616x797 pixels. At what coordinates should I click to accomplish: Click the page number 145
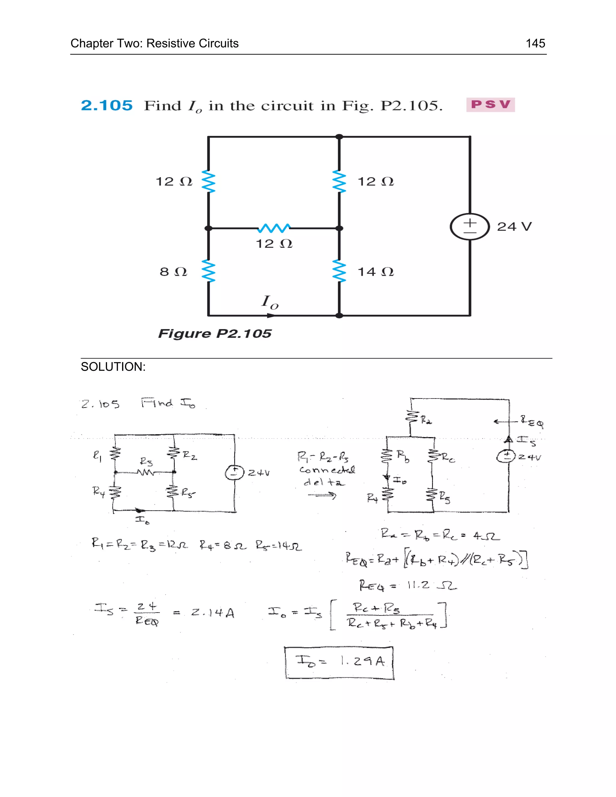[x=535, y=43]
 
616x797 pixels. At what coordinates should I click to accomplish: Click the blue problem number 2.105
[x=106, y=106]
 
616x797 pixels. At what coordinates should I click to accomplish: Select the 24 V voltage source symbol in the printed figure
[x=470, y=227]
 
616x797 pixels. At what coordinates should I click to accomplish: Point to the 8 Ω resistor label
[x=173, y=272]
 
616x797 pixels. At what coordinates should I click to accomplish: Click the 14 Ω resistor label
[x=375, y=272]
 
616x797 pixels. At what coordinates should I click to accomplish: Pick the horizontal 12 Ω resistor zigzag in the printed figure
[x=274, y=229]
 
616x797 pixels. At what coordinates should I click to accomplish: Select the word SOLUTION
[x=113, y=367]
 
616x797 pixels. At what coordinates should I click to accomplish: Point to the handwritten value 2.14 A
[x=213, y=613]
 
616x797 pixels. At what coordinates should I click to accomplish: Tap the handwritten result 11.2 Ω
[x=432, y=586]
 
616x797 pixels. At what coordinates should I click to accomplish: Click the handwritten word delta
[x=324, y=482]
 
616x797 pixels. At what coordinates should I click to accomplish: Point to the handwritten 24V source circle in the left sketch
[x=234, y=472]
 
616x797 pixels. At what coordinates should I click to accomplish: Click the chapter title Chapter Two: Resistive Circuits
[x=154, y=43]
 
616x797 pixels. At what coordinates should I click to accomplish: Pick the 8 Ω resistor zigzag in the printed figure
[x=208, y=271]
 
